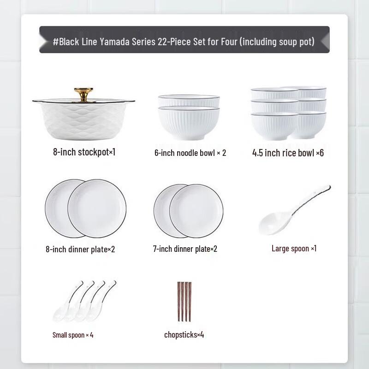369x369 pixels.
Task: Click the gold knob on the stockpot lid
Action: (84, 93)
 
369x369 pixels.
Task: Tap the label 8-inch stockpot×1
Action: (84, 152)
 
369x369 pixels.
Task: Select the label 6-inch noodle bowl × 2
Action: (190, 153)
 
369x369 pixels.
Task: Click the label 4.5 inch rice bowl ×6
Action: (288, 153)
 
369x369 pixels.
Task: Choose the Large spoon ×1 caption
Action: (294, 249)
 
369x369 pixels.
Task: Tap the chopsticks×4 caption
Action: (184, 334)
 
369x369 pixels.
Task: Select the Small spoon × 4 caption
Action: (73, 334)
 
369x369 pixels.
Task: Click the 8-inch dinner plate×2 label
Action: (80, 250)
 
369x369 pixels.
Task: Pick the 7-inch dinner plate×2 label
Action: (185, 249)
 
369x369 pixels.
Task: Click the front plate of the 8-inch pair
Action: (97, 208)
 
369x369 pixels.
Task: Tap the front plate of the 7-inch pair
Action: (196, 210)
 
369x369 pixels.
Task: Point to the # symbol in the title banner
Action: (55, 42)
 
